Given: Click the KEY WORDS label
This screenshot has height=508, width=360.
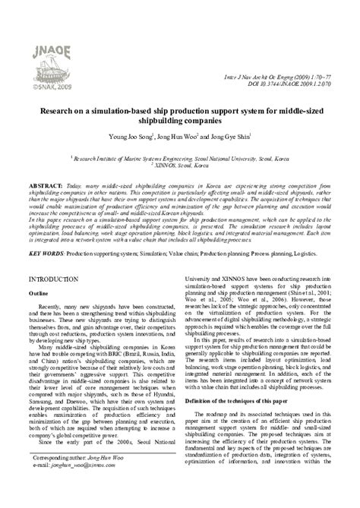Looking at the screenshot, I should point(46,250).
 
